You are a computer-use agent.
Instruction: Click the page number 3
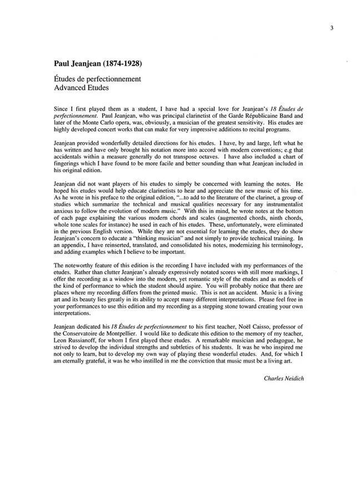coord(331,27)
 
